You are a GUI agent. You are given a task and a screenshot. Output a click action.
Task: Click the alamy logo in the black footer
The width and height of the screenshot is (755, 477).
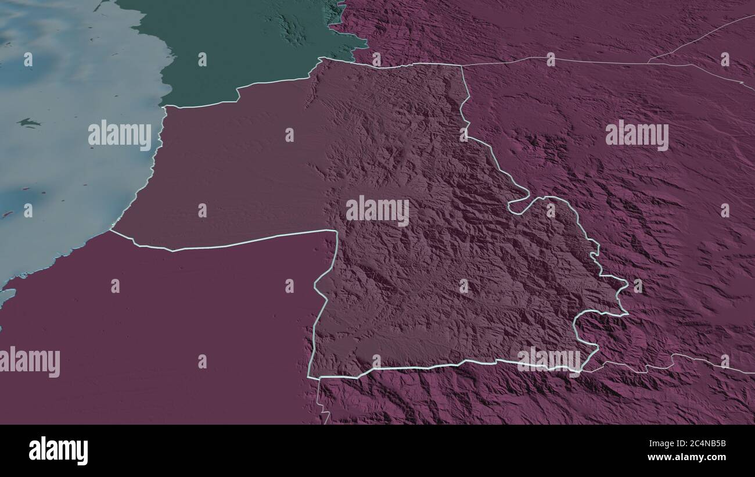(58, 451)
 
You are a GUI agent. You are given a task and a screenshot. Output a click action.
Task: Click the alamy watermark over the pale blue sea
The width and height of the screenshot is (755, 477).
(120, 135)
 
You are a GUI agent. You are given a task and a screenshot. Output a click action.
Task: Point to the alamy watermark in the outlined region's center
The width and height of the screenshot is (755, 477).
(378, 211)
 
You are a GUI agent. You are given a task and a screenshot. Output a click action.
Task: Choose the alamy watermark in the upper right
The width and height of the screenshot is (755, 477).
(637, 135)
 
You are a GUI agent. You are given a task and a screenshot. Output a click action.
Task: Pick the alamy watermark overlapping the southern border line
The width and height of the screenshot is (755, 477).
(549, 359)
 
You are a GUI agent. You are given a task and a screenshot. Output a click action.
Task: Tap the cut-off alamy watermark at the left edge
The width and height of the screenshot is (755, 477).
(30, 361)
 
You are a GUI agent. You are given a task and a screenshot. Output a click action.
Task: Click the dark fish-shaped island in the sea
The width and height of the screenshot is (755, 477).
(28, 123)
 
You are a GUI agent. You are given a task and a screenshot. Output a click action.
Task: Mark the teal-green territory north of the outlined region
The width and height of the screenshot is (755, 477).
(244, 52)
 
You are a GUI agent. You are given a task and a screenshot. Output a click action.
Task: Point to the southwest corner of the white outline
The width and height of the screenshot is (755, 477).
(310, 377)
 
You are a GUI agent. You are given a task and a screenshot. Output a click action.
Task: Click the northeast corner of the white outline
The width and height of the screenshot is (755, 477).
(462, 66)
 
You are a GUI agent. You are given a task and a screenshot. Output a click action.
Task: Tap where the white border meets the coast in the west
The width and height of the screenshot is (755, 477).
(111, 231)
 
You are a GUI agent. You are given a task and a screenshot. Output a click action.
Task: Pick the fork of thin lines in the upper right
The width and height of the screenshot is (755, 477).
(649, 62)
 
